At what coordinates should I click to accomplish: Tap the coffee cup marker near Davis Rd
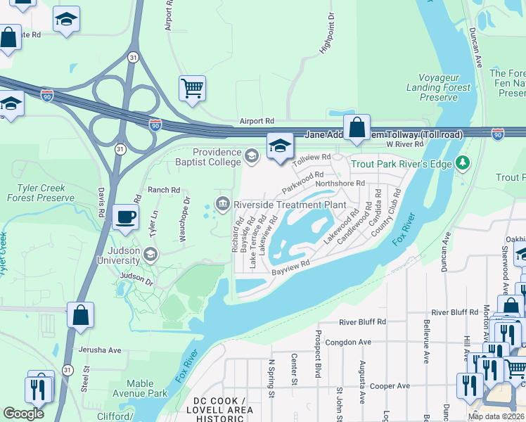click(125, 216)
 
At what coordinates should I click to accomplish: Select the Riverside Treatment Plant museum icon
click(223, 204)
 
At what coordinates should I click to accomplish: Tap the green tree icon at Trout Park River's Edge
click(462, 163)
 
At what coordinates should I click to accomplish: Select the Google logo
click(23, 414)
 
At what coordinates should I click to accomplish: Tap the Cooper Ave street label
click(390, 385)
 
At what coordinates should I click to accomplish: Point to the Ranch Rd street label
click(164, 190)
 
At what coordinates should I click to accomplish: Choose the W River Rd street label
click(405, 143)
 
